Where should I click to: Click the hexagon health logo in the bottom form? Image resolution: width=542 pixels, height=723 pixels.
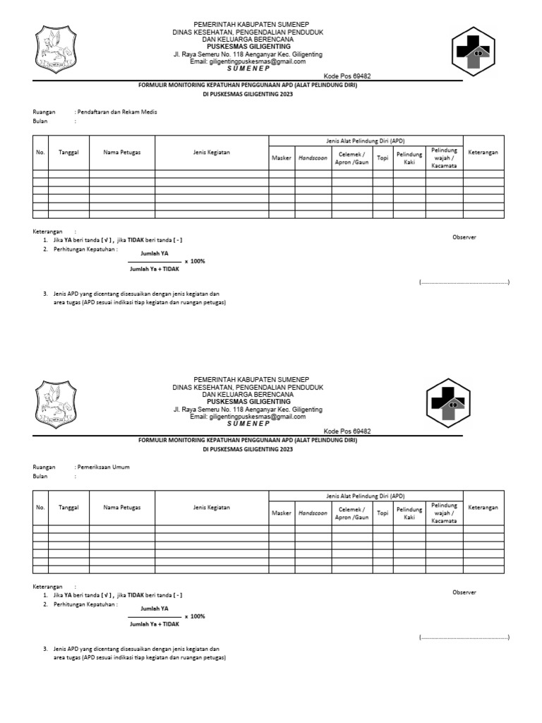[x=448, y=402]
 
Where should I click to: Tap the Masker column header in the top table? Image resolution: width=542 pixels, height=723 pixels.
[x=282, y=157]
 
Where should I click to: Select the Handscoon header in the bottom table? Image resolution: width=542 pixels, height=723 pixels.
[x=313, y=513]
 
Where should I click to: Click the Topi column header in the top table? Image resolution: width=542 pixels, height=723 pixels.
[x=383, y=157]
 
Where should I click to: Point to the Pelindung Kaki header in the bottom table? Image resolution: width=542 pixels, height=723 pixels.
[x=409, y=513]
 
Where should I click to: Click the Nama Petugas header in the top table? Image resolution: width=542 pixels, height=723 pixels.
[x=122, y=153]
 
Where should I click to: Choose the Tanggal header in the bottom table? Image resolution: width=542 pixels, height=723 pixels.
[x=68, y=507]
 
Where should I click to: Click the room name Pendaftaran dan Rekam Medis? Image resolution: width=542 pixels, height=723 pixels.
[x=117, y=112]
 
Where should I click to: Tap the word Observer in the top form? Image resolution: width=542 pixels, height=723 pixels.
[x=464, y=237]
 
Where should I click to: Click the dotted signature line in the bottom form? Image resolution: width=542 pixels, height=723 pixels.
[x=464, y=637]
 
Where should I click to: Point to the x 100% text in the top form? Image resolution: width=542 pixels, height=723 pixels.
[x=195, y=261]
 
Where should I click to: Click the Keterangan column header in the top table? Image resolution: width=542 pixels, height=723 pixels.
[x=483, y=153]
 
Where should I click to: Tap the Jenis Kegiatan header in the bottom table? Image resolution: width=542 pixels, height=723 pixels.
[x=212, y=507]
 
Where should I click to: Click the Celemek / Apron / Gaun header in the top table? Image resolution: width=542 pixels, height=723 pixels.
[x=352, y=157]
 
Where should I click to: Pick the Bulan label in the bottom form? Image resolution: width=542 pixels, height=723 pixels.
[x=40, y=477]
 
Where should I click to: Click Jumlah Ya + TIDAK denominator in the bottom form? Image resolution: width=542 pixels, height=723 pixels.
[x=155, y=624]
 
